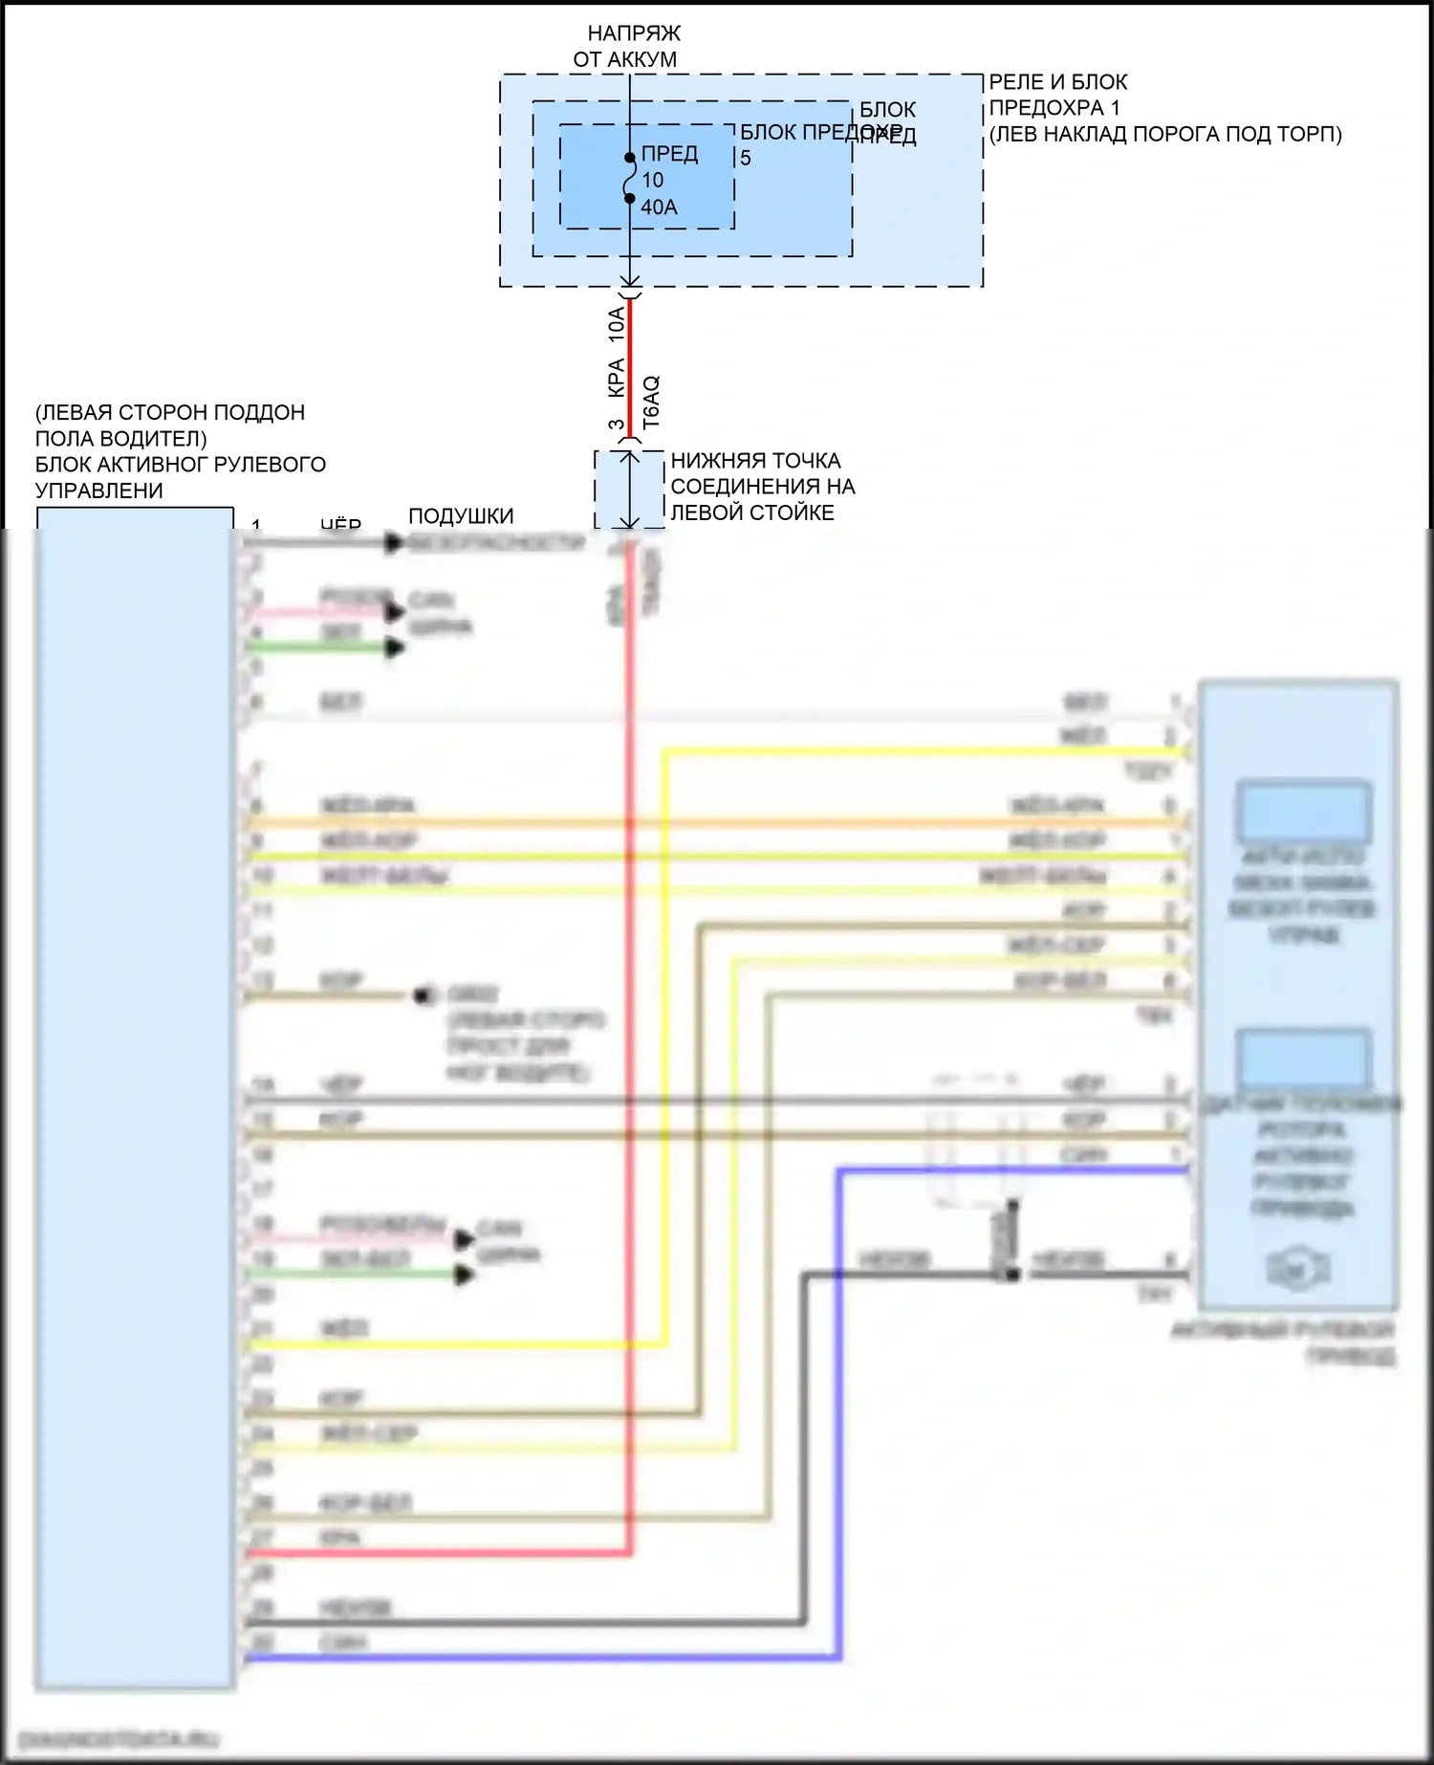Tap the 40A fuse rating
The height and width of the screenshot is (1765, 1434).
click(659, 207)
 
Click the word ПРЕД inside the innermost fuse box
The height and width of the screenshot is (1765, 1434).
click(669, 154)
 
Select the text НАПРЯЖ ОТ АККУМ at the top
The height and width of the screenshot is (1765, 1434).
click(627, 46)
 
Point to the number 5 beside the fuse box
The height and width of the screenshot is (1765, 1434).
click(746, 159)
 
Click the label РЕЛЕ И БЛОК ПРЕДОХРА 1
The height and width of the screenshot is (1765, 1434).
click(1057, 95)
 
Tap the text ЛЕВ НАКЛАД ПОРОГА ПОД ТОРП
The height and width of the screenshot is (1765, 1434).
click(1165, 134)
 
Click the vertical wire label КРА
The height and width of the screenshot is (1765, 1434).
click(617, 378)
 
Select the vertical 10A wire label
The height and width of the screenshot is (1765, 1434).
click(617, 325)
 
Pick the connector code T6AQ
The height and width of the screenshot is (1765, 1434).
click(651, 402)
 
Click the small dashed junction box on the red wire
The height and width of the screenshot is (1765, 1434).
click(629, 489)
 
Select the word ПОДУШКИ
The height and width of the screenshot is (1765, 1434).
click(461, 516)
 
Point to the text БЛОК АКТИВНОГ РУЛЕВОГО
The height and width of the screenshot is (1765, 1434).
click(180, 465)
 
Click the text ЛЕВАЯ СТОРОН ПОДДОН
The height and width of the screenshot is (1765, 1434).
click(169, 413)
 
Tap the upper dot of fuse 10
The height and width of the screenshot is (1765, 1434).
click(629, 158)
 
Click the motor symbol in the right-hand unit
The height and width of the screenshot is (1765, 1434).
click(1297, 1270)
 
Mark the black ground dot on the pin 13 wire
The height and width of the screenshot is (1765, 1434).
click(421, 996)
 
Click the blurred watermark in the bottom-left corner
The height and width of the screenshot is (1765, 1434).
click(119, 1738)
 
